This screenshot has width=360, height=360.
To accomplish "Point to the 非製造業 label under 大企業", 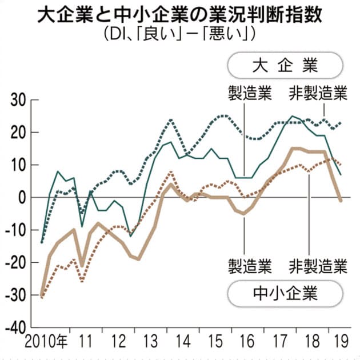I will pyautogui.click(x=318, y=92).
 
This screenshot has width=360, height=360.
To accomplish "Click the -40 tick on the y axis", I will pyautogui.click(x=15, y=327).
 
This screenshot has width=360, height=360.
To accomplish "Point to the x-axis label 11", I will pyautogui.click(x=86, y=346).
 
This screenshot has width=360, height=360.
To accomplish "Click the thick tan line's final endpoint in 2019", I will pyautogui.click(x=341, y=201).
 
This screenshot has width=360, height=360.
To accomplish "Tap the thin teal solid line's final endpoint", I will pyautogui.click(x=341, y=174).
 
